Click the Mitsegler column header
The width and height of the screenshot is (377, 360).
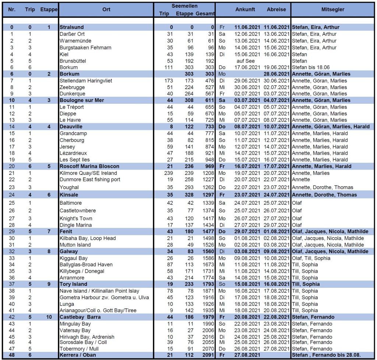point(332,10)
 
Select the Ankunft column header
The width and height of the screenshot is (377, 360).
point(245,10)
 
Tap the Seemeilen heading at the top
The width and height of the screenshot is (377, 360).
point(184,6)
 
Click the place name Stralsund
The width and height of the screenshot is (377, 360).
point(71,27)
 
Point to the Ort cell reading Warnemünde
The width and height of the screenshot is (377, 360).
point(75,41)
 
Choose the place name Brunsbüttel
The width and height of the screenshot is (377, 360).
point(73,61)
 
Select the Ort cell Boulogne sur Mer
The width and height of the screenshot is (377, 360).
point(82,100)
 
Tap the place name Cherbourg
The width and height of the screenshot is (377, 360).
point(72,140)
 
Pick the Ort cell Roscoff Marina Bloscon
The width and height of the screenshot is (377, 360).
point(89,166)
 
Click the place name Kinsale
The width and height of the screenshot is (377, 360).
point(69,195)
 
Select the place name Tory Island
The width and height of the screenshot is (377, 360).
point(73,284)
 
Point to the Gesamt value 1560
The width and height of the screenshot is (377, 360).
point(208,251)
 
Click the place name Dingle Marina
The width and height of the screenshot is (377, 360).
point(76,225)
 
